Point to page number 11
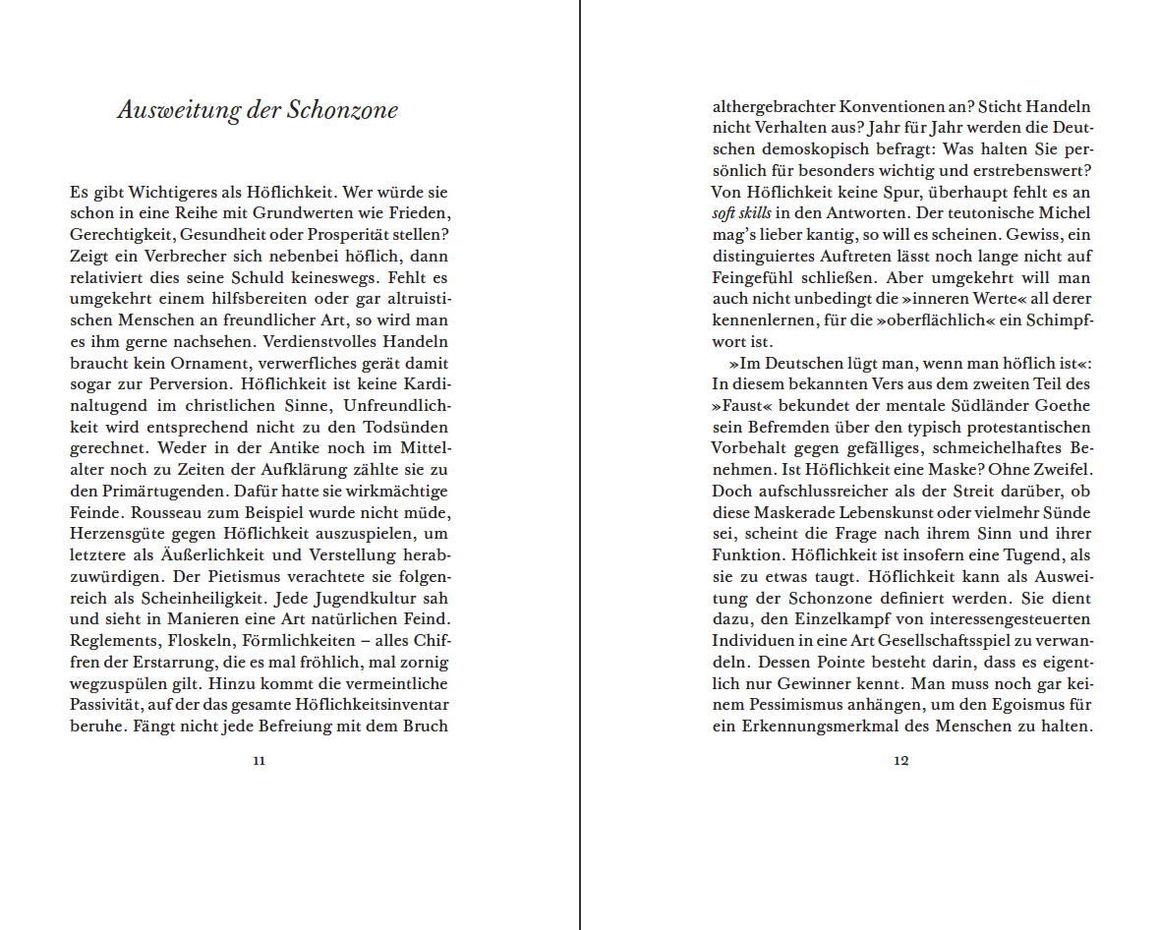point(259,760)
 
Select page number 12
point(900,760)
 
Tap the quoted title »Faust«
point(743,406)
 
